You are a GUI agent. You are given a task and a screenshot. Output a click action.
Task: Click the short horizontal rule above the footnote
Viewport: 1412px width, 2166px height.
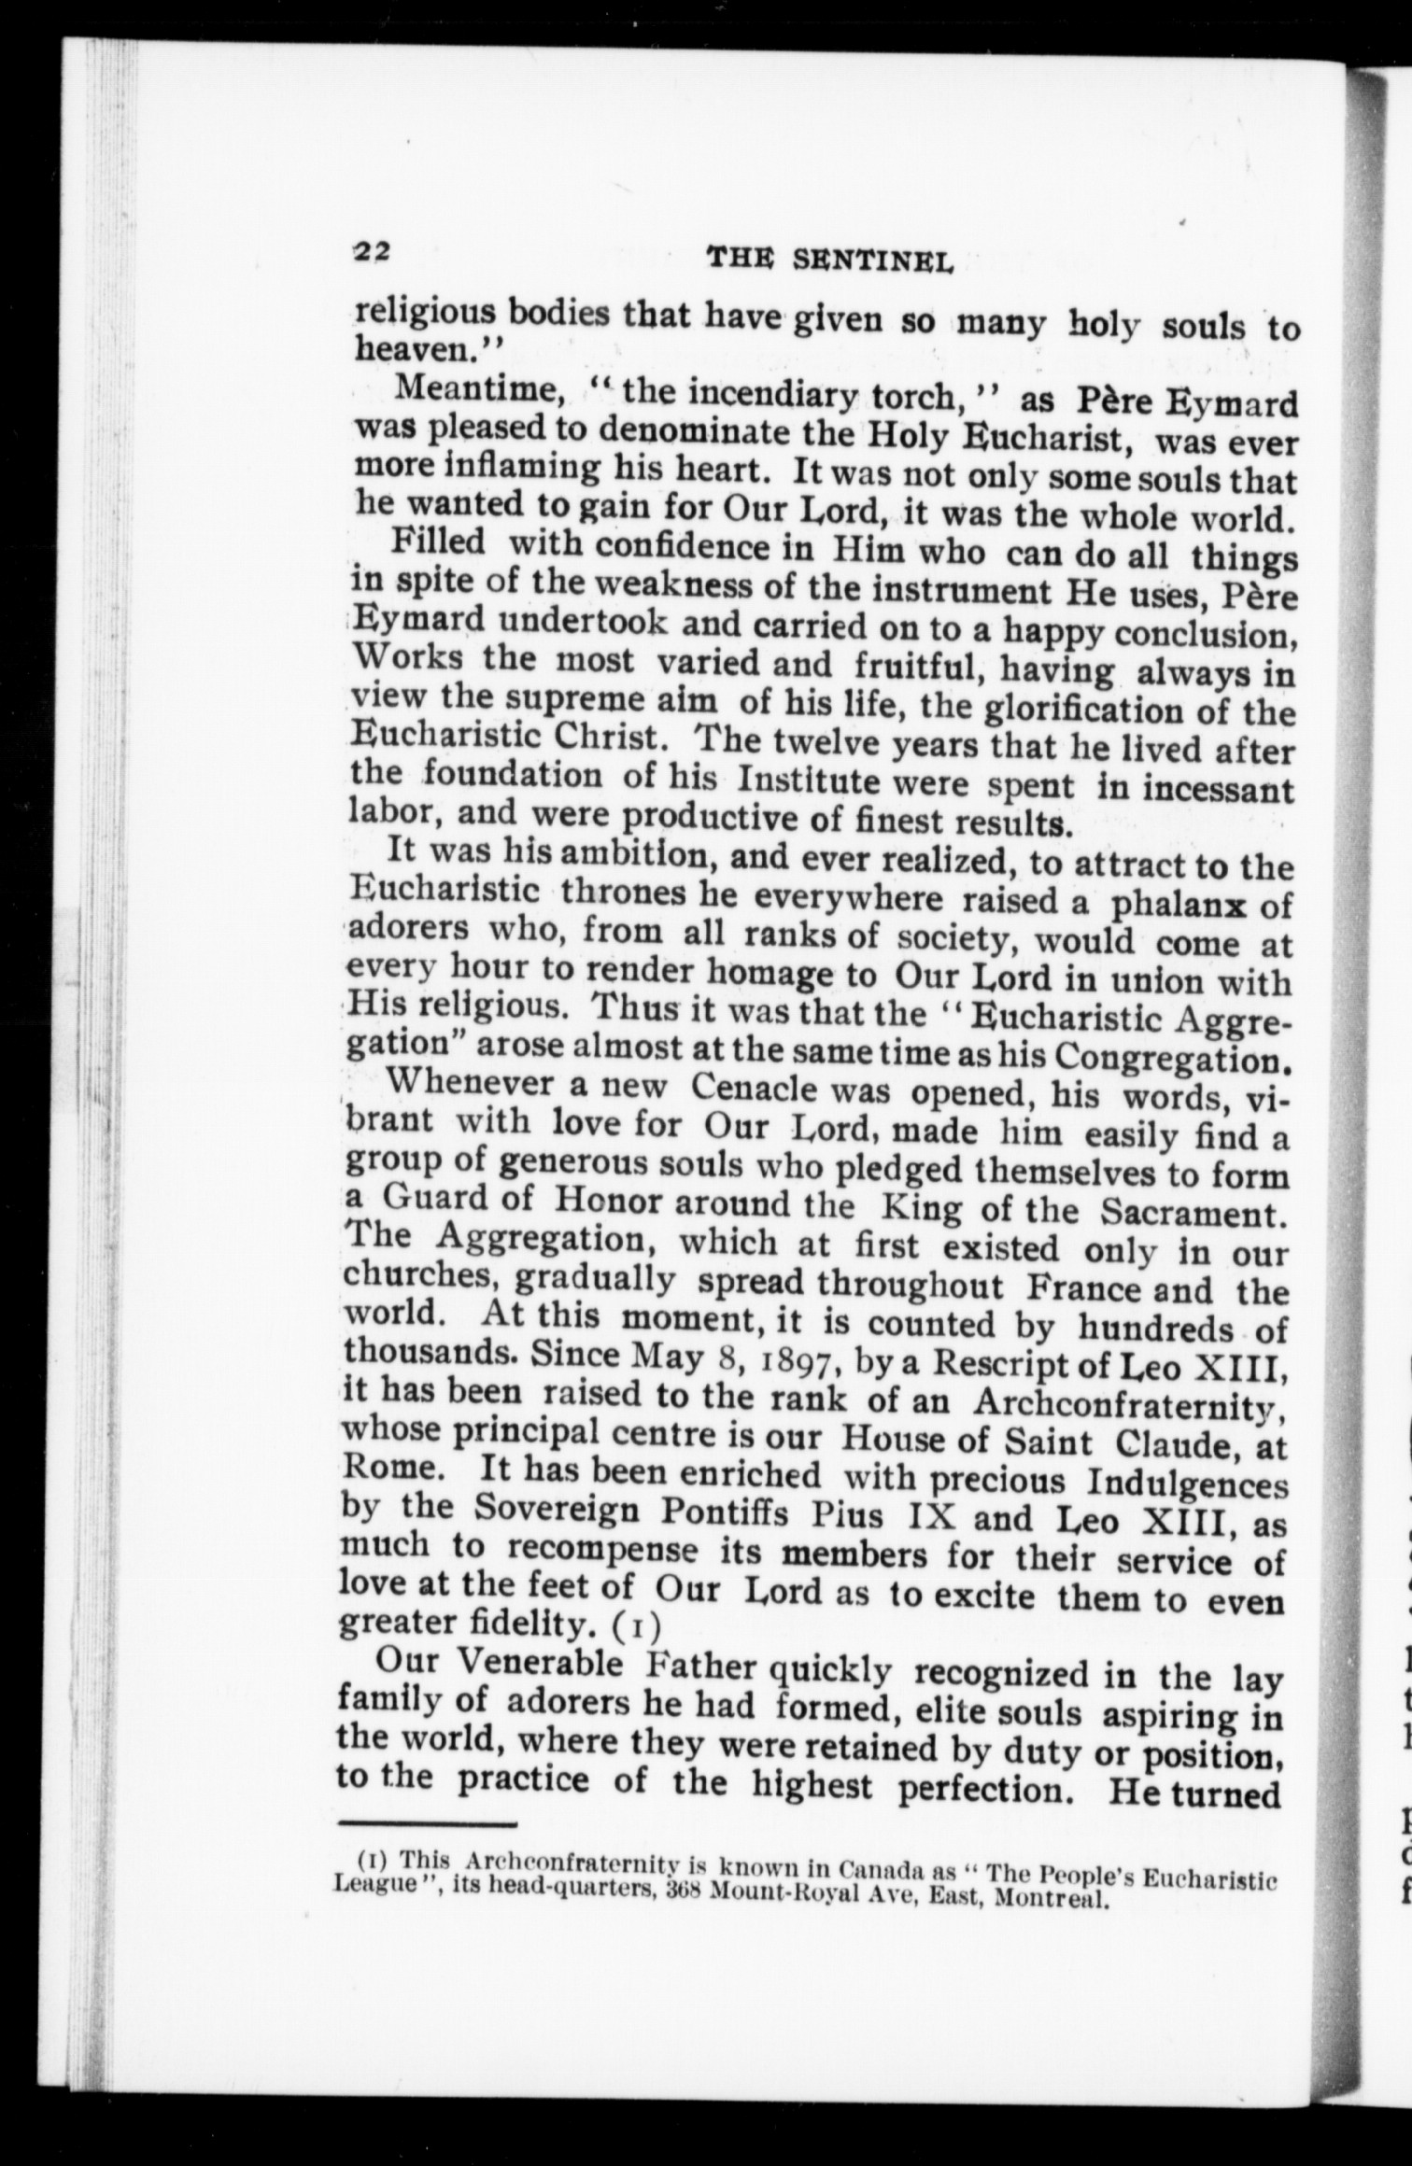pyautogui.click(x=431, y=1772)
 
